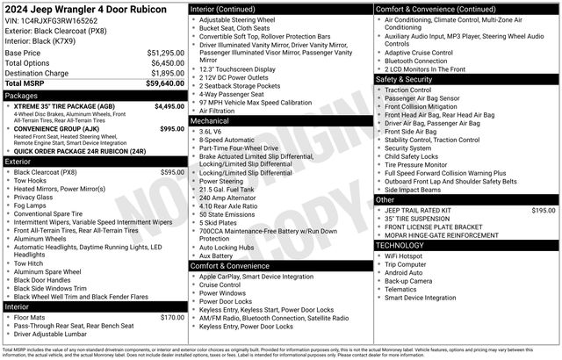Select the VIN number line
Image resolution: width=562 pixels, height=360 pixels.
[x=51, y=20]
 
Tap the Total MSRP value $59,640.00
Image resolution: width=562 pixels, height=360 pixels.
[x=165, y=83]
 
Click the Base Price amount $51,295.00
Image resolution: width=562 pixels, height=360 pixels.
[x=165, y=53]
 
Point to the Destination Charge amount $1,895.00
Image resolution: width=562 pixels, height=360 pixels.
[x=165, y=74]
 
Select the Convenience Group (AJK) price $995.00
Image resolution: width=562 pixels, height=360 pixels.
[x=172, y=128]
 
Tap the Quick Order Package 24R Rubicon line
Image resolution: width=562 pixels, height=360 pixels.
[x=79, y=151]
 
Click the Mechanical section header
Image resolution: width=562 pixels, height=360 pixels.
[x=210, y=120]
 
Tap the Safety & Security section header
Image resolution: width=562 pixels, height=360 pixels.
[x=405, y=79]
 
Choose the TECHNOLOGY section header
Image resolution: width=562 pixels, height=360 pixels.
[x=400, y=245]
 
